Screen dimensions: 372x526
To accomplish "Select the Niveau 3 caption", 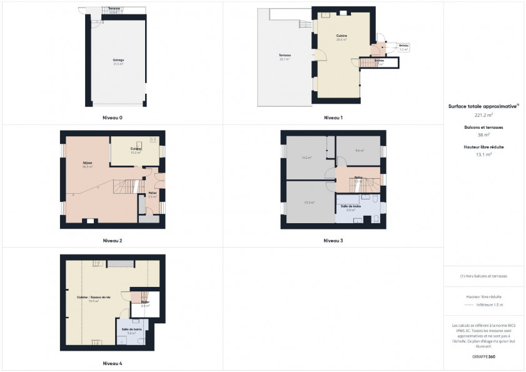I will (x=333, y=241).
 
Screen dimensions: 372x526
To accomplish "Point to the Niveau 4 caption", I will (x=113, y=363).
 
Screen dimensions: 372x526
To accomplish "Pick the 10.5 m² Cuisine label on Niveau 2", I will (x=136, y=151).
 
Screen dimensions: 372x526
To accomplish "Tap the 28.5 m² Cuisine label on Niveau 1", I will (x=341, y=38).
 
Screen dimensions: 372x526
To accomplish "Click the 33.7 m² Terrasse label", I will (x=285, y=58).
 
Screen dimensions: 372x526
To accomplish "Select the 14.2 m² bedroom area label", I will (x=306, y=158).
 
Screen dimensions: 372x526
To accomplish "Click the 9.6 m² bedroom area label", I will (x=358, y=151).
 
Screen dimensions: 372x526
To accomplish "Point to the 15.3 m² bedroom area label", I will (x=308, y=203).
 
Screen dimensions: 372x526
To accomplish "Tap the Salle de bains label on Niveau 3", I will (x=351, y=208).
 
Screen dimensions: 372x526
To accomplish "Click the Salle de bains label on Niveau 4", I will (x=131, y=331).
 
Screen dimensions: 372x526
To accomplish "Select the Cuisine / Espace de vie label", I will (x=93, y=299).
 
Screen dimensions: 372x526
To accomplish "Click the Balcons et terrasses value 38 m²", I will (x=484, y=135).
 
